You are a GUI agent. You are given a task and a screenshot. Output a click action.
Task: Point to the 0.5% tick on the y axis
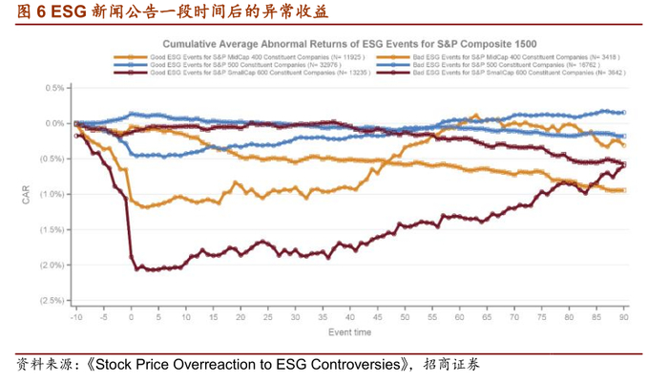(x=54, y=88)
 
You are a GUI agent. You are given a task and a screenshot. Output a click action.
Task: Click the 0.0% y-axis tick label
(x=54, y=123)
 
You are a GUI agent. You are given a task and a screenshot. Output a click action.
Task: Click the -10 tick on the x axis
(x=75, y=316)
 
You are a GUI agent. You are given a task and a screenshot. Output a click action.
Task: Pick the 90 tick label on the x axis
(x=624, y=316)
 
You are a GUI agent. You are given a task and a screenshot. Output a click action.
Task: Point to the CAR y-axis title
(x=27, y=194)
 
